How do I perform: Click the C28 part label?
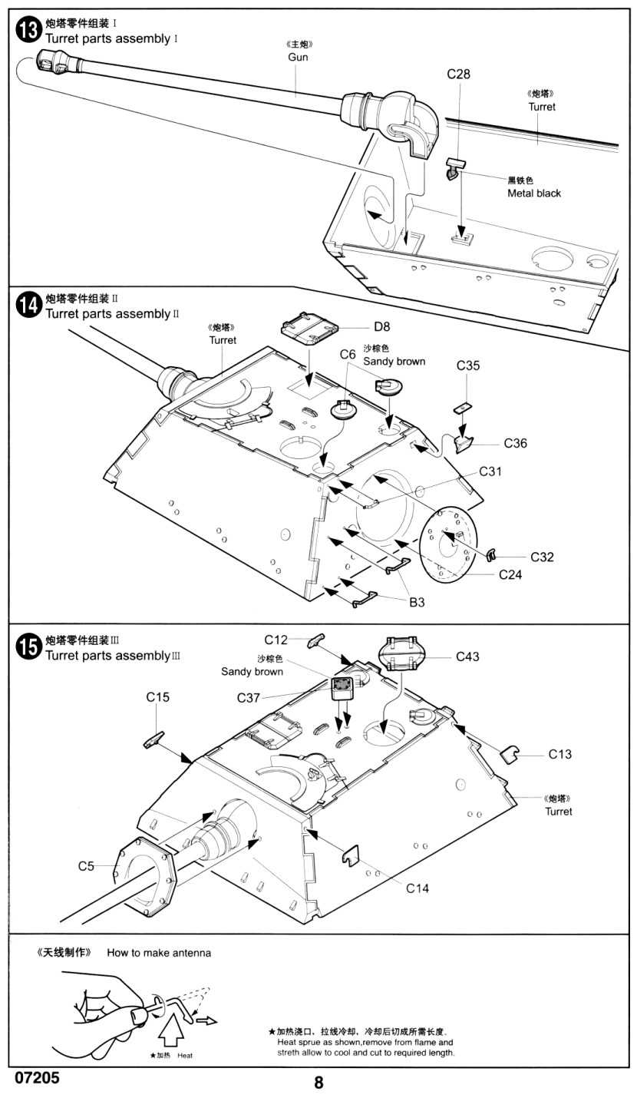pos(458,74)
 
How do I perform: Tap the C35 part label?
pos(468,365)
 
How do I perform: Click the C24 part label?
pos(511,574)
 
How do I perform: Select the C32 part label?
pos(542,557)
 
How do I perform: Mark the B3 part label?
pos(417,603)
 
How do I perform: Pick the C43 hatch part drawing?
pos(401,656)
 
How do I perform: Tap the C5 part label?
pos(86,866)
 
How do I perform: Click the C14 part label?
pos(418,888)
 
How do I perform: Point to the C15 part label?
pos(157,697)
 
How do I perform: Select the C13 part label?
pos(560,754)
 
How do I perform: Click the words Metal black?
pos(534,193)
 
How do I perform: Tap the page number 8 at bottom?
pos(318,1083)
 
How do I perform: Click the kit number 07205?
pos(37,1077)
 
